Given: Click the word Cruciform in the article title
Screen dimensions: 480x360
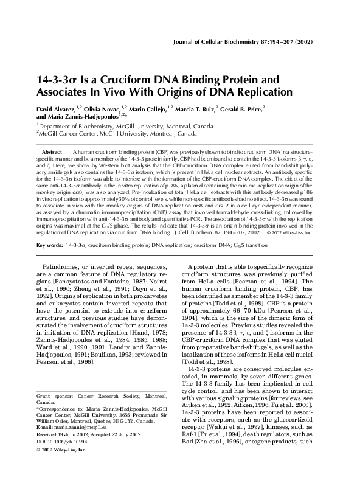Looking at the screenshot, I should [126, 80].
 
